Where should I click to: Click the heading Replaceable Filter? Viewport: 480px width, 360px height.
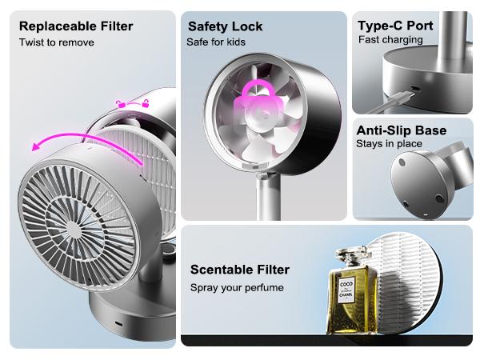coord(76,26)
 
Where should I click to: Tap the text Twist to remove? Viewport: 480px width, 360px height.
coord(57,42)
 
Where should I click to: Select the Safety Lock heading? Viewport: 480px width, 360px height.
coord(226,26)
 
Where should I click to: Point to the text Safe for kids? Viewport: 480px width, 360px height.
coord(216,42)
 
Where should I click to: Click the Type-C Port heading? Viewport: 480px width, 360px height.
coord(395,26)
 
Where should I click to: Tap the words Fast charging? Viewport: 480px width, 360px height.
coord(390,40)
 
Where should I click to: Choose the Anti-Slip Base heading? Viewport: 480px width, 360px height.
coord(402,130)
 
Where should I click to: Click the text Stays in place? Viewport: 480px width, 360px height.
coord(389,143)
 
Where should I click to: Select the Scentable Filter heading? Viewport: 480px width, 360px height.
coord(240,270)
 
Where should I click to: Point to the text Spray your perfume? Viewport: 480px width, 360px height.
coord(237,288)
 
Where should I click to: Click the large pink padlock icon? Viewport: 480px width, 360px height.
coord(258,101)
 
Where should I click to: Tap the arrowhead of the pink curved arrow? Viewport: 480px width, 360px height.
coord(36,147)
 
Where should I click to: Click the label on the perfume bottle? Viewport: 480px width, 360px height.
coord(346,290)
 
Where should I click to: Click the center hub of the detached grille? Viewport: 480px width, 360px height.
coord(73,230)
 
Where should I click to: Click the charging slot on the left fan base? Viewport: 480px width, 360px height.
coord(118,324)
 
